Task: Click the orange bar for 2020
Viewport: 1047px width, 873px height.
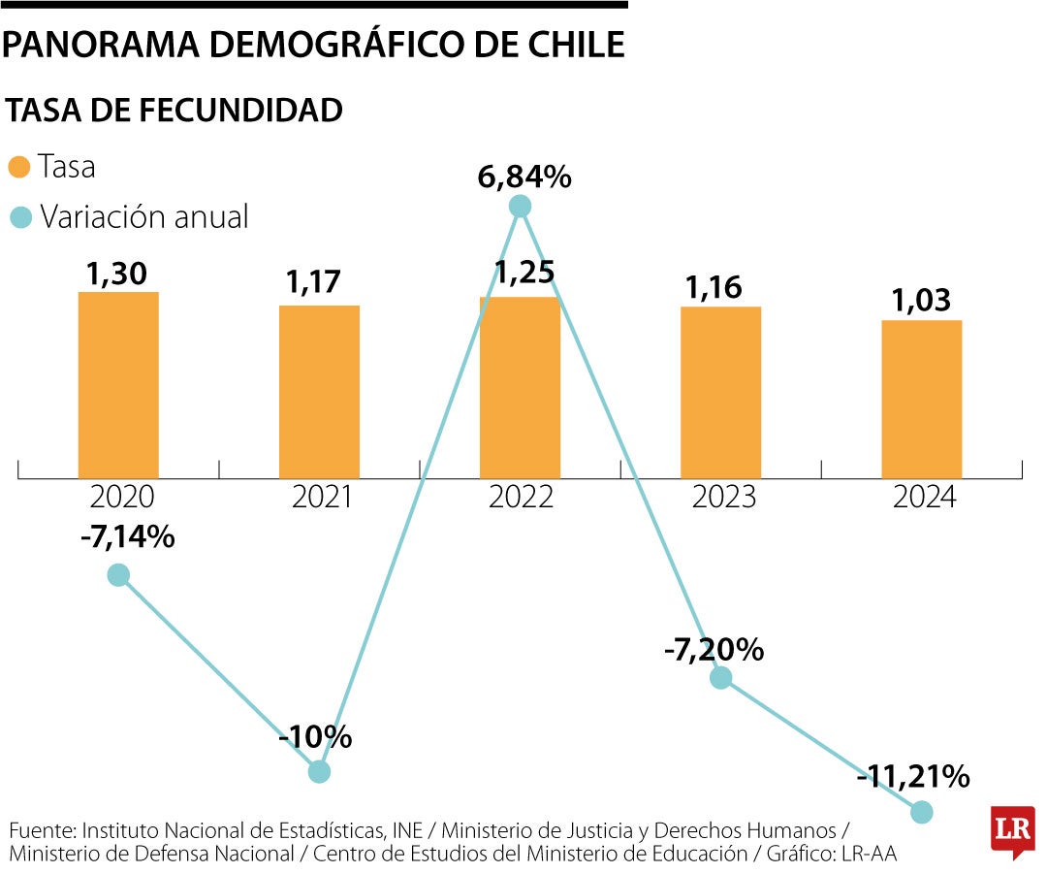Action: coord(118,384)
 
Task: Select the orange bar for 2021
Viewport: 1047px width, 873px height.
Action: coord(319,391)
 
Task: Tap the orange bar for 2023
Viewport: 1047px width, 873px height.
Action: coord(720,392)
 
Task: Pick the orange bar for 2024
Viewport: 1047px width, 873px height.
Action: coord(921,399)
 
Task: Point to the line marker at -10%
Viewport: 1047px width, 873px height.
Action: coord(319,771)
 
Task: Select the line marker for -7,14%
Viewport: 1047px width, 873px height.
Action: coord(118,575)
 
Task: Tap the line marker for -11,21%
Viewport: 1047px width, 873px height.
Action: coord(921,812)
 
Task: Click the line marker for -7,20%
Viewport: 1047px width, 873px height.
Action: coord(720,677)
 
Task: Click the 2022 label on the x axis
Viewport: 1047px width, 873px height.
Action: coord(521,498)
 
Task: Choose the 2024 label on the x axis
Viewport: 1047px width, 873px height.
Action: coord(923,498)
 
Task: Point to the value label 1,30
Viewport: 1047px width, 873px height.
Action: coord(116,275)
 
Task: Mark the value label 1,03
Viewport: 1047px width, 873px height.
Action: coord(921,303)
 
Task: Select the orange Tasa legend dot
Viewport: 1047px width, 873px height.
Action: coord(19,167)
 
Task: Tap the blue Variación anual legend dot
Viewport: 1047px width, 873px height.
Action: coord(19,216)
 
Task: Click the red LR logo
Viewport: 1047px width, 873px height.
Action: coord(1012,830)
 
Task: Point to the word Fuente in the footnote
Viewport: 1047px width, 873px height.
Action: coord(42,831)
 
